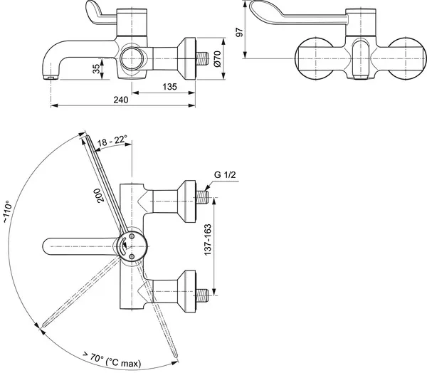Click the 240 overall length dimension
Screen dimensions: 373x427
click(122, 100)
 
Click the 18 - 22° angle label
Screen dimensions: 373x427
click(112, 141)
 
